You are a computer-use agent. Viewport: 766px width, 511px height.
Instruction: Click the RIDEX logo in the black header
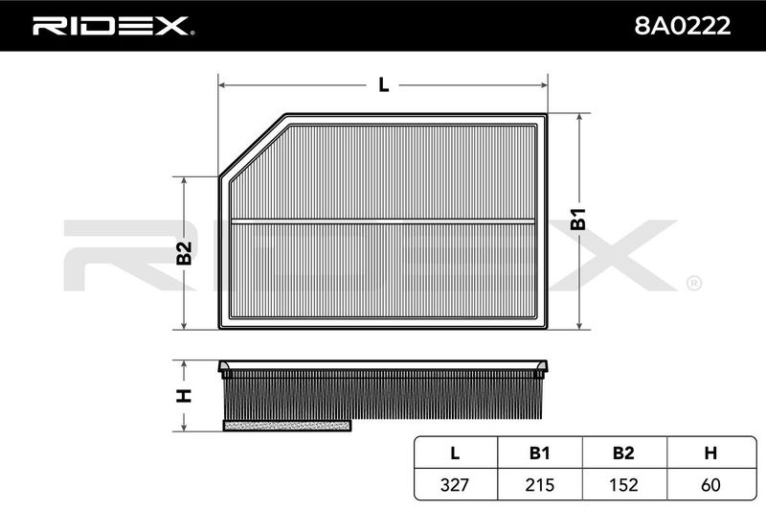[113, 26]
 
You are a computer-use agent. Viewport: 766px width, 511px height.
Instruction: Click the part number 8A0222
[683, 26]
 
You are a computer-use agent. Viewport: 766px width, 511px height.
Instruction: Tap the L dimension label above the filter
[384, 85]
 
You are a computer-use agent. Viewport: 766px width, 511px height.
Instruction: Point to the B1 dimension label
[578, 220]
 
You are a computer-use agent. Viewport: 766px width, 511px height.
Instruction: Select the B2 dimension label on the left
[184, 253]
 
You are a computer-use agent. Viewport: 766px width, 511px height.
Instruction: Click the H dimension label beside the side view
[184, 396]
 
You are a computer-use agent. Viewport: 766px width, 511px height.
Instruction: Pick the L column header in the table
[455, 453]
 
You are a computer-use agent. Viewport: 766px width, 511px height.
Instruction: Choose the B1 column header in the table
[539, 453]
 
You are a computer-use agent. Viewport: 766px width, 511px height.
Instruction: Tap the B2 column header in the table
[624, 453]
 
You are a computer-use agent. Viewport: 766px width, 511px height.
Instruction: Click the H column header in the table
[710, 453]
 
